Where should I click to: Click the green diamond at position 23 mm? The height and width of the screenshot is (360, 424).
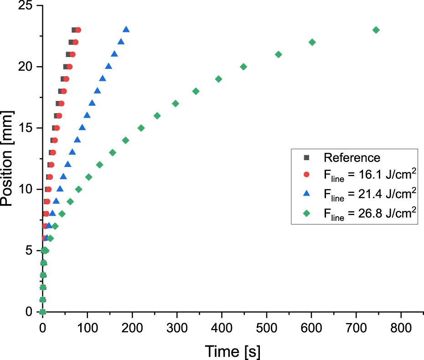376,30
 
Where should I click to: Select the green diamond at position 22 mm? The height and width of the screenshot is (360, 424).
312,42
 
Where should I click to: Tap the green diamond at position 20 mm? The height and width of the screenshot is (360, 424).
243,67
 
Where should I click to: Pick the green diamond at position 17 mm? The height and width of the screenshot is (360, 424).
176,104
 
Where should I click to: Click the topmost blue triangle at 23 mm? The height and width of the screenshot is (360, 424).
126,30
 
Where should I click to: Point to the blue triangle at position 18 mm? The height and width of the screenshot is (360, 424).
97,91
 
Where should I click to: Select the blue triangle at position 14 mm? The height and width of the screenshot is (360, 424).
78,140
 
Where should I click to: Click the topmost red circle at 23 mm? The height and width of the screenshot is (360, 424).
78,30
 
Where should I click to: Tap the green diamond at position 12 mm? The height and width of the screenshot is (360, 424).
100,165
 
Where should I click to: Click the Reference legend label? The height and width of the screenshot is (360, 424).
352,158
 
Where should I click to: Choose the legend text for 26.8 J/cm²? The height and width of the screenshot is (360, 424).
370,214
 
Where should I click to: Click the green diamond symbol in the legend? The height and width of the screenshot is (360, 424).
307,214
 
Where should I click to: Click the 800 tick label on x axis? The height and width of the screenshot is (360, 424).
401,329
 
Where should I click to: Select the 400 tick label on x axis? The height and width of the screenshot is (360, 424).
222,329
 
